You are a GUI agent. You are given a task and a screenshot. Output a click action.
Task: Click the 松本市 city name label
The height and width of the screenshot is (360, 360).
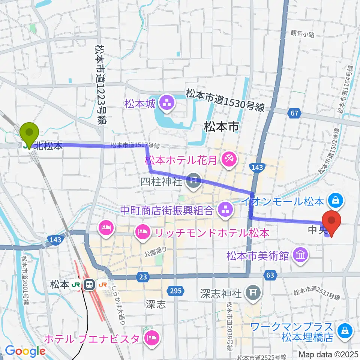pos(221,127)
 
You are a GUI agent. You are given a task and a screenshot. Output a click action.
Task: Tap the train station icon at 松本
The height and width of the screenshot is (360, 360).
pos(89,285)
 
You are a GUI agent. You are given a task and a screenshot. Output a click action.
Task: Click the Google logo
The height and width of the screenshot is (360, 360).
pos(25,351)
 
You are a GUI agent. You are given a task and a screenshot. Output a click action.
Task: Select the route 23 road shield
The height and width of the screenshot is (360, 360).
pos(142,277)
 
